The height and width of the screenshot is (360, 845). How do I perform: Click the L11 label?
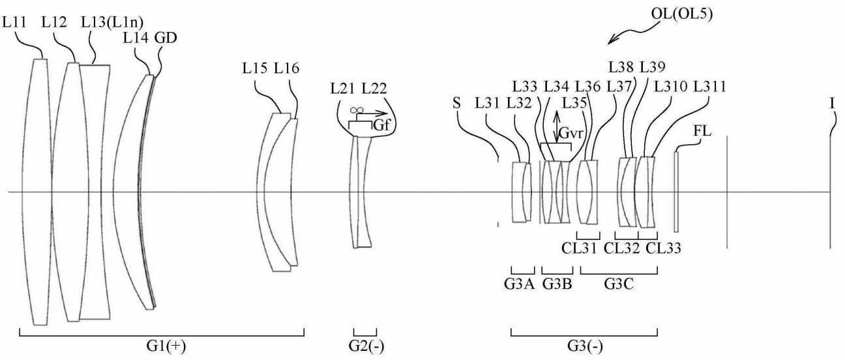14,22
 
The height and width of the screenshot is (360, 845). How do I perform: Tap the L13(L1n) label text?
112,23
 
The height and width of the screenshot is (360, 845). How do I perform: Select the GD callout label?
166,38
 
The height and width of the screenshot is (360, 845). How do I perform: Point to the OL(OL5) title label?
682,14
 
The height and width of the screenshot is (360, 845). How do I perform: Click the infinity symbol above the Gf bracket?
357,110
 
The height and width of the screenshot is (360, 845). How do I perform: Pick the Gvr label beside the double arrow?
571,133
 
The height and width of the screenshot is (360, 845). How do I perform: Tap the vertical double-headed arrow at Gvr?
557,127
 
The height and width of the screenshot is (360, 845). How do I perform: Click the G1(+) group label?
166,346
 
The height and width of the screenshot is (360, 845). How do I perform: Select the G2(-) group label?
366,346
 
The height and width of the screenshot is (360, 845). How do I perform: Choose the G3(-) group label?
585,346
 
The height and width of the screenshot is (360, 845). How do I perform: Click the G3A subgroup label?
520,284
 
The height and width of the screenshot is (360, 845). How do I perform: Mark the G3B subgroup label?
557,284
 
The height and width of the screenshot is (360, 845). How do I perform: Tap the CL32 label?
622,248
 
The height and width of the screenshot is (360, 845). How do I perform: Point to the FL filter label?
702,131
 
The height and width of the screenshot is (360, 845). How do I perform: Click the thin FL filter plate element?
676,192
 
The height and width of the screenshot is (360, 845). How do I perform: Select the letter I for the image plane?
833,103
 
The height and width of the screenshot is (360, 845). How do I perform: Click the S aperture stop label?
456,103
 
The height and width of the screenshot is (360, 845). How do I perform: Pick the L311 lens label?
710,87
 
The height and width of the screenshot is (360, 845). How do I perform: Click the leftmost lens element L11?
37,192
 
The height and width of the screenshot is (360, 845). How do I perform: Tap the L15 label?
255,68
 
